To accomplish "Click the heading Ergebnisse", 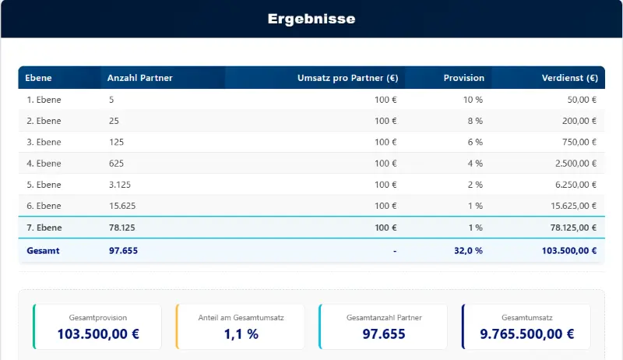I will coord(311,19).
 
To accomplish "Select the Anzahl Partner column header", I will coord(140,78).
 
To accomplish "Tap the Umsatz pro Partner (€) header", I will coord(347,78).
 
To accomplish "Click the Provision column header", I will coord(463,78).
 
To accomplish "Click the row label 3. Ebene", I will coord(44,142).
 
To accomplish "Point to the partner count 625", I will coord(116,164).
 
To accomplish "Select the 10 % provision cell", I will coord(473,100).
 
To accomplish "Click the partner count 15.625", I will coord(121,206).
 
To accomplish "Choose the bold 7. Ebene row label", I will coord(44,228).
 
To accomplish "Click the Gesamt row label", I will coord(43,251).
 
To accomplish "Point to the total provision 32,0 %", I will coord(468,251).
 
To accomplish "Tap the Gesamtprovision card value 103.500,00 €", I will coord(98,334).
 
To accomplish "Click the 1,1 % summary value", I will coord(241,334).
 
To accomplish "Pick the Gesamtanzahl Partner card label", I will coord(384,318).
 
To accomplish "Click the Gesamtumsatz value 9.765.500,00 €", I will coord(527,334).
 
